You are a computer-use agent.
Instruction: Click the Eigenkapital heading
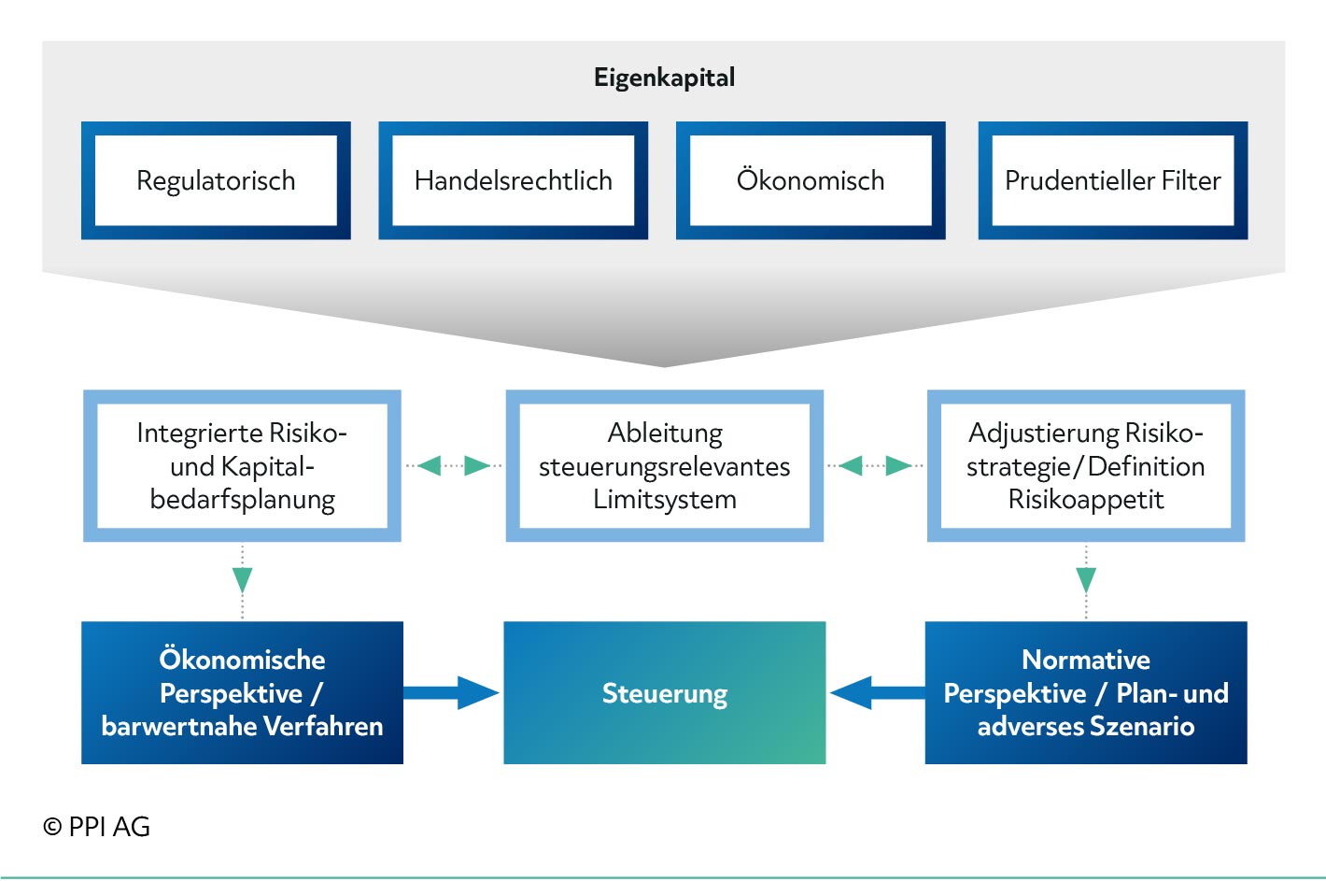pos(664,78)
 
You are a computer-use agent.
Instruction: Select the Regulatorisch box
pos(216,180)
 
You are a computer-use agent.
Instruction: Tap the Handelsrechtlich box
pos(514,180)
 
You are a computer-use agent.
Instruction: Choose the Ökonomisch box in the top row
pos(811,180)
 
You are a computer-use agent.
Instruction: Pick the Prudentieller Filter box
pos(1113,180)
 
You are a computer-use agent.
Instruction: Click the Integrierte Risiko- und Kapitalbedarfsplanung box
pos(242,466)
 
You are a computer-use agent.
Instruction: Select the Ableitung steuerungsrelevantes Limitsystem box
pos(664,466)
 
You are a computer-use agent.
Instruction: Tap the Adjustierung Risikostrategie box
pos(1086,466)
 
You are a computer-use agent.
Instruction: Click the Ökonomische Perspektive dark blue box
pos(242,692)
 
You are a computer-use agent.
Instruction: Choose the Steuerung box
pos(664,692)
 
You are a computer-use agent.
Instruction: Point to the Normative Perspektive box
pos(1086,692)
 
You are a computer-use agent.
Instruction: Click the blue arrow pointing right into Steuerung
pos(451,692)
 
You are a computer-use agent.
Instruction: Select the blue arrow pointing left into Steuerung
pos(878,692)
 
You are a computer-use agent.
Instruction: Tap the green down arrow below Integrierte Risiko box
pos(242,580)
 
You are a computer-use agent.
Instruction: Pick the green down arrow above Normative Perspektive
pos(1086,580)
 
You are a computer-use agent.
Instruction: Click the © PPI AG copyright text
pos(96,827)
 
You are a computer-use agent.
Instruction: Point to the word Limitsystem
pos(665,500)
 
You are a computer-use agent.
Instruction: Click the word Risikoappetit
pos(1086,500)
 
